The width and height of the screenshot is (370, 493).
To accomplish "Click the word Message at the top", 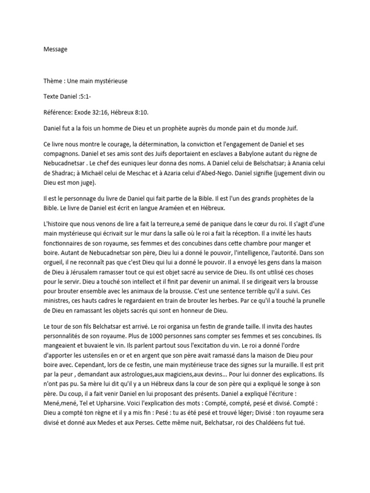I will pyautogui.click(x=55, y=49).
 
